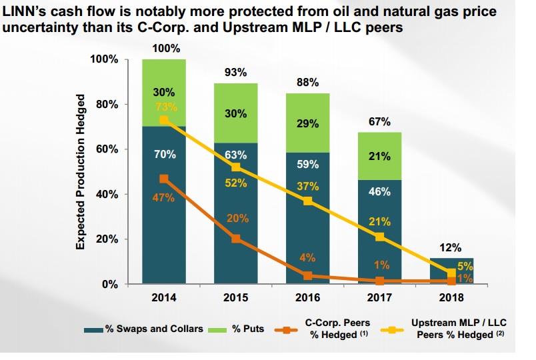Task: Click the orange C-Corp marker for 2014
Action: pyautogui.click(x=164, y=179)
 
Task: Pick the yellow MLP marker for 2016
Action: pyautogui.click(x=307, y=201)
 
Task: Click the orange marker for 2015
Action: pyautogui.click(x=235, y=239)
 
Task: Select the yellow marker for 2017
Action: pyautogui.click(x=379, y=237)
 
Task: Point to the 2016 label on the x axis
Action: pyautogui.click(x=307, y=297)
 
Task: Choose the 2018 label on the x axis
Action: pyautogui.click(x=451, y=297)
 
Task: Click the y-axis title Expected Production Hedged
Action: pyautogui.click(x=81, y=172)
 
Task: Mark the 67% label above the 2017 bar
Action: pyautogui.click(x=379, y=123)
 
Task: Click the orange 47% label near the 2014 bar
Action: pyautogui.click(x=163, y=197)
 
